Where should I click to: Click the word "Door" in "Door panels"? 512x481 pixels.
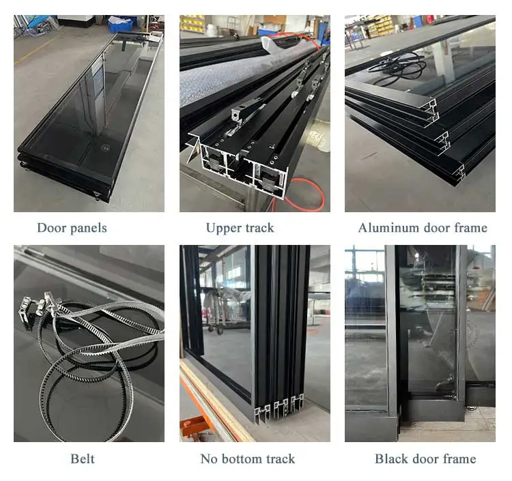(50, 228)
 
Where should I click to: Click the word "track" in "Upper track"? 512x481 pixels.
(258, 228)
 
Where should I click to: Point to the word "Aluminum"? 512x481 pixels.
(387, 228)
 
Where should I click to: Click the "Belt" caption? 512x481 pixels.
(83, 458)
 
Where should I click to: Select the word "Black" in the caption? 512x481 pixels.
(390, 458)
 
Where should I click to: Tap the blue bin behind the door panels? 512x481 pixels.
(121, 24)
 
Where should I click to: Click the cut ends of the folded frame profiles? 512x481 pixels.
(280, 408)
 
